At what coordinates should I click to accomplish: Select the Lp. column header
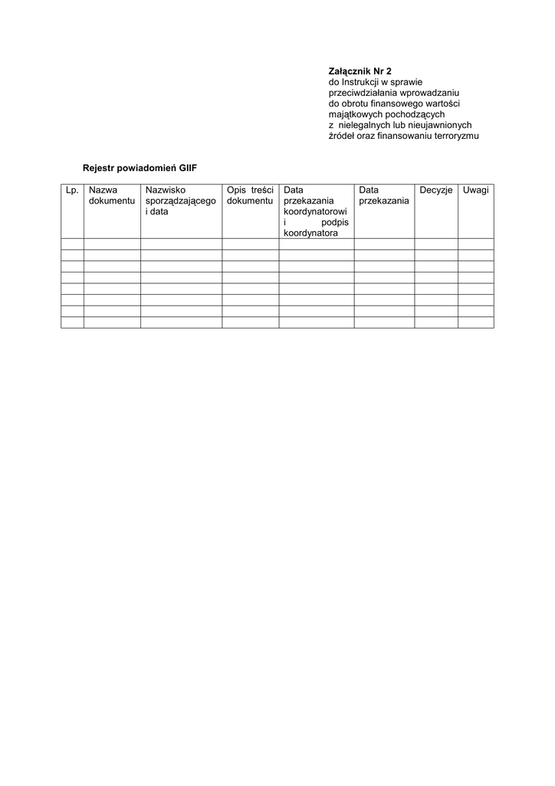click(72, 190)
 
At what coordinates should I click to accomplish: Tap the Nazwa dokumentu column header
click(111, 195)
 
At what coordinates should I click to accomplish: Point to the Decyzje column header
click(436, 190)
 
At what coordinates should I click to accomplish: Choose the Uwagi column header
click(475, 190)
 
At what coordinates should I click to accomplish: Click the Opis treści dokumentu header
click(250, 195)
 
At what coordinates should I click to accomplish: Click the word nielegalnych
click(363, 125)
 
